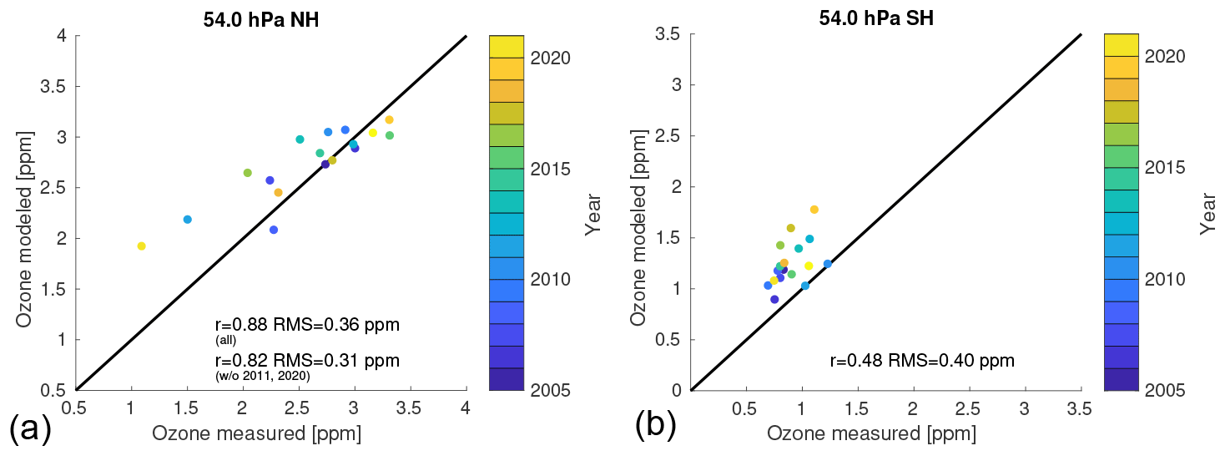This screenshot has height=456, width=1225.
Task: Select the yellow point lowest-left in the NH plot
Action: [142, 246]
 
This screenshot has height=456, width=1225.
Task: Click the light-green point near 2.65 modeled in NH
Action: [247, 173]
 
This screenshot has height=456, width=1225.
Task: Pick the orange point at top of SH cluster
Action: [814, 210]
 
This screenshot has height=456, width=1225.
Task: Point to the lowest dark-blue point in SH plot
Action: [774, 299]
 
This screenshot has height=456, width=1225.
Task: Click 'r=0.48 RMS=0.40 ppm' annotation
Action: [922, 361]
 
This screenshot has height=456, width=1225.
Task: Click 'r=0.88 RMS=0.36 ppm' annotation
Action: [307, 325]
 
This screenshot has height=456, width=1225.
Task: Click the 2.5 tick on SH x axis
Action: [968, 409]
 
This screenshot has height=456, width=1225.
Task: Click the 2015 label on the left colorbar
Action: [550, 169]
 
